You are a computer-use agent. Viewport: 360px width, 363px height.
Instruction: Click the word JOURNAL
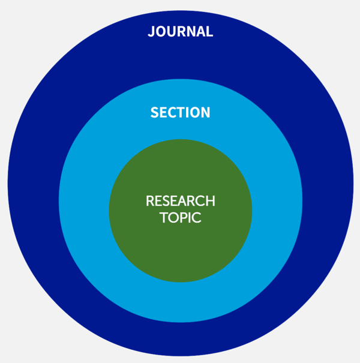tap(181, 31)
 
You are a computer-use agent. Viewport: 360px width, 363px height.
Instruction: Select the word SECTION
tap(181, 113)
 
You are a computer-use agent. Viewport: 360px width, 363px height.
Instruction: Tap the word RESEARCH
tap(181, 201)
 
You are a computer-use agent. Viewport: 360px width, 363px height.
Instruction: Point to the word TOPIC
tap(181, 217)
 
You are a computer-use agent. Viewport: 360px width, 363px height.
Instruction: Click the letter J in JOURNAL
tap(151, 31)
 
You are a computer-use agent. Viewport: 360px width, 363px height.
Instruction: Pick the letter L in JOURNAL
tap(209, 31)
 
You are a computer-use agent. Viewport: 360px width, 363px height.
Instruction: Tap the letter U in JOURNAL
tap(172, 31)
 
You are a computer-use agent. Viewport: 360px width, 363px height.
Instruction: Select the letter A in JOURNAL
tap(199, 31)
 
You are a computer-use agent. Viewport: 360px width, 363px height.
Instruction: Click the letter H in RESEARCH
tap(211, 201)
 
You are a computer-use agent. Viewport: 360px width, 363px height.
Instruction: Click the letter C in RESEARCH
tap(200, 201)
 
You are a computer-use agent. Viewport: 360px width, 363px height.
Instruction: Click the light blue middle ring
tap(83, 200)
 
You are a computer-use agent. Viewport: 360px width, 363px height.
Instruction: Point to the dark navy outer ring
tap(32, 183)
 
